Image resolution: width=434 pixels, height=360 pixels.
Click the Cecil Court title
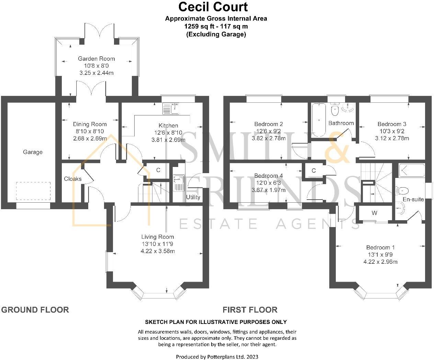(213, 7)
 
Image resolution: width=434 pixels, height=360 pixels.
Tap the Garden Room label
(96, 59)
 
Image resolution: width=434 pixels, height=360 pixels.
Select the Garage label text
(33, 152)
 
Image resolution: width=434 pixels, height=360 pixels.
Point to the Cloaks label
(73, 179)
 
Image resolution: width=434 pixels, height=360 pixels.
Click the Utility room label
(193, 197)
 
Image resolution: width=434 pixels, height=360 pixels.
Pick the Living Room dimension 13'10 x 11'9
(158, 244)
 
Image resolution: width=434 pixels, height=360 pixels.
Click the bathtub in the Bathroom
(319, 120)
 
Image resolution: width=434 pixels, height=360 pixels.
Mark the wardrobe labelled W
(374, 213)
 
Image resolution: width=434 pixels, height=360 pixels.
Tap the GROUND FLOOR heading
(35, 310)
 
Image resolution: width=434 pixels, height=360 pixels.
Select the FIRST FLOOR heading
(250, 310)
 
